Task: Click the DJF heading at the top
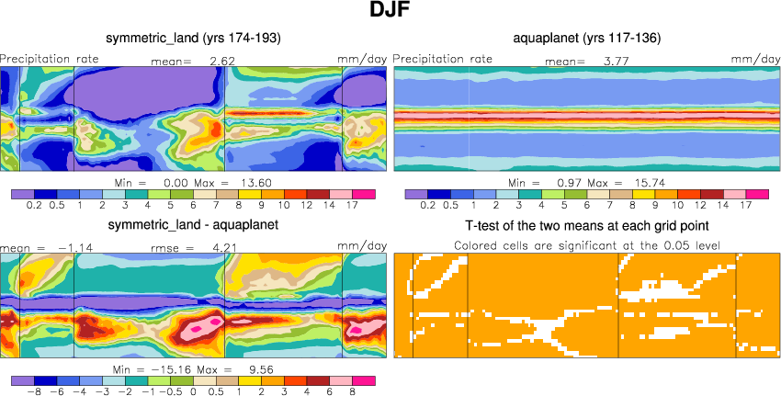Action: pyautogui.click(x=390, y=12)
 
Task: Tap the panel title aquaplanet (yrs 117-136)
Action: pyautogui.click(x=587, y=38)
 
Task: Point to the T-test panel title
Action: pyautogui.click(x=587, y=225)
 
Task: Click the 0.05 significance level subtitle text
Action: pyautogui.click(x=587, y=244)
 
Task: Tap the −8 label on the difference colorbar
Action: pyautogui.click(x=37, y=390)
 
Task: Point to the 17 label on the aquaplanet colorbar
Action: pyautogui.click(x=745, y=206)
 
